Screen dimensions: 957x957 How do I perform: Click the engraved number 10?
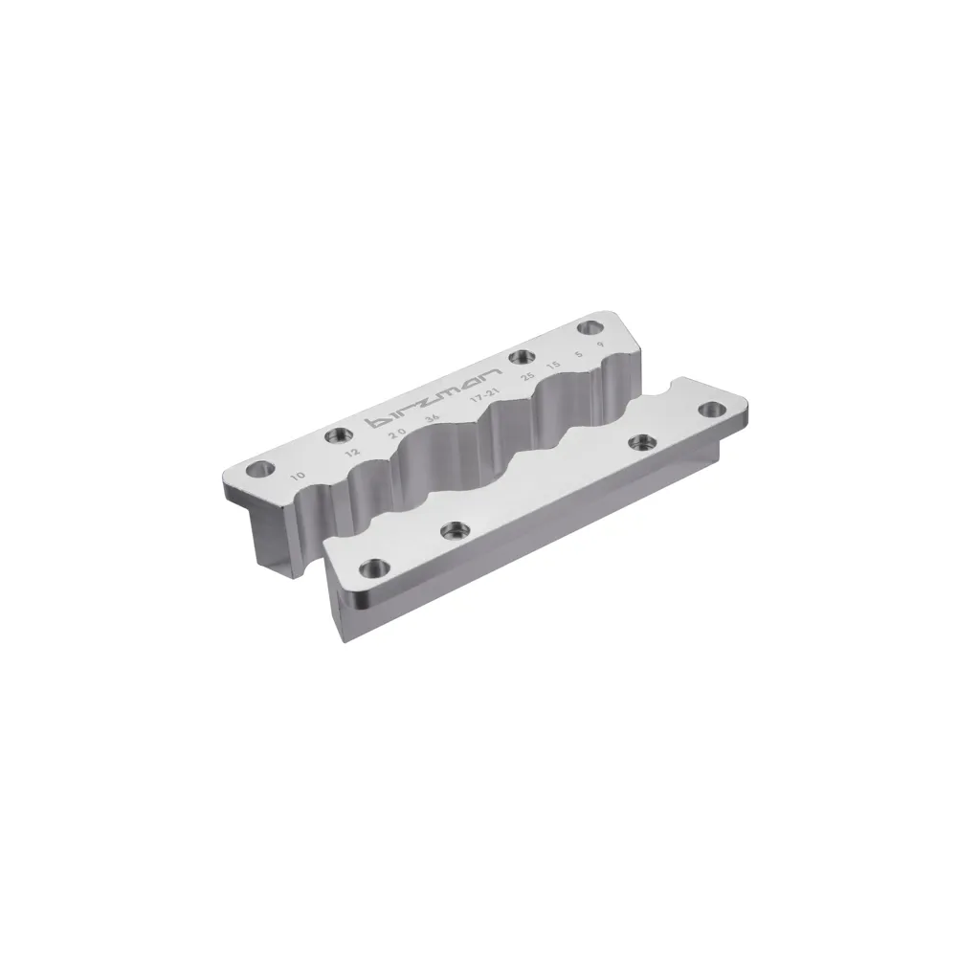tap(299, 475)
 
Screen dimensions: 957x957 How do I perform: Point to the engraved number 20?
tap(397, 434)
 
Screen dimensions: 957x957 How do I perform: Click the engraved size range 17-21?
tap(484, 397)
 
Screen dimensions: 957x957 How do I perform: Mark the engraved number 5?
tap(578, 356)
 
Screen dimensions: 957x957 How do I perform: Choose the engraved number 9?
tap(599, 346)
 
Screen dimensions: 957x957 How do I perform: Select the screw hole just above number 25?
tap(521, 358)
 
